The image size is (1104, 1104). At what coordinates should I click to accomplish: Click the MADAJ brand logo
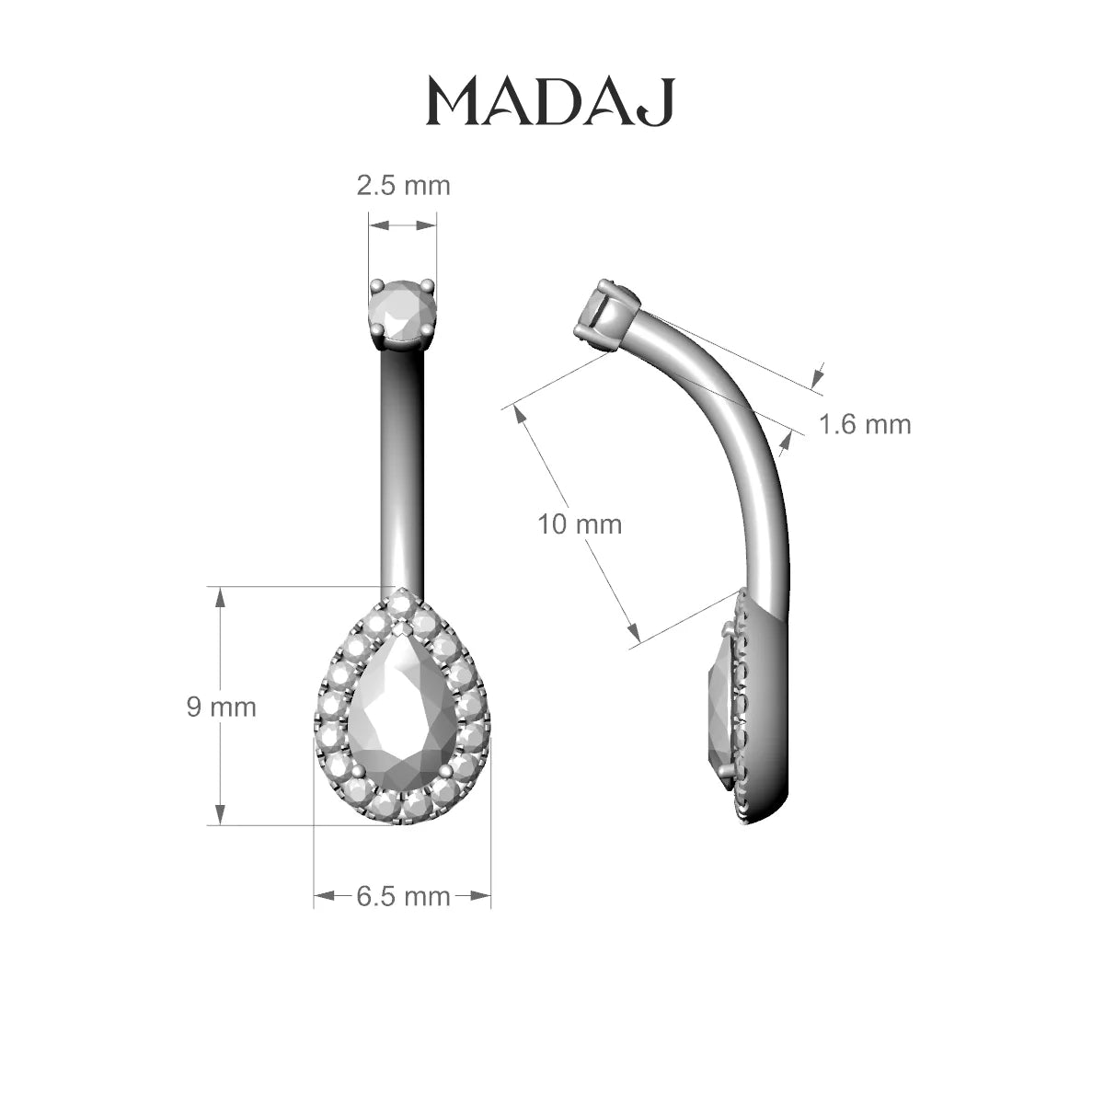point(550,102)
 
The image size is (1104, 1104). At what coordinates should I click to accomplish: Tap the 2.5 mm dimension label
point(403,186)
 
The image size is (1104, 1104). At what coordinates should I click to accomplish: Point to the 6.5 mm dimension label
point(403,897)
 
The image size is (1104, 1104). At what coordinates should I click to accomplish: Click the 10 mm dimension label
point(580,524)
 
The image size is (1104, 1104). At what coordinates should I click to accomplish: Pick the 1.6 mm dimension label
point(865,424)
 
